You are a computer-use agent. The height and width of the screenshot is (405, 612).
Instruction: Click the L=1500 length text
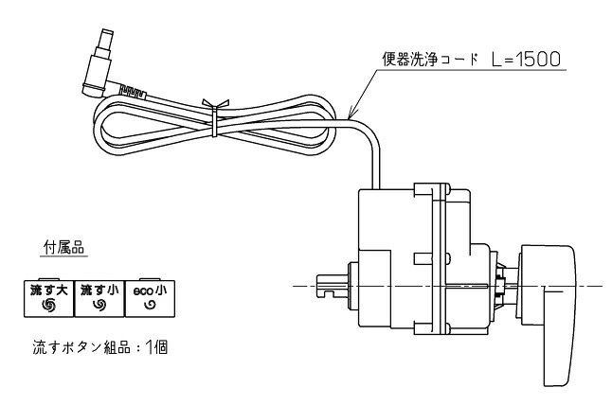click(526, 60)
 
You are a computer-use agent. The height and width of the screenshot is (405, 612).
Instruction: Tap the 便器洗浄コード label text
click(430, 60)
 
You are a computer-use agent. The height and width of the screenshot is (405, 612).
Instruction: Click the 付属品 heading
click(63, 248)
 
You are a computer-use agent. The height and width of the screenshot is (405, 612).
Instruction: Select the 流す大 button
click(49, 298)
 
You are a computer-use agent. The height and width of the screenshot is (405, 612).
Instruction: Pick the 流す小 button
click(99, 298)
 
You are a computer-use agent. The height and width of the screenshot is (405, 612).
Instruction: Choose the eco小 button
click(150, 298)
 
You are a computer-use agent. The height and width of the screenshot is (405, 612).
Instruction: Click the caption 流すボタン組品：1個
click(99, 347)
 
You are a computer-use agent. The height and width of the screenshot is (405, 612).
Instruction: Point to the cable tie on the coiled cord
click(214, 117)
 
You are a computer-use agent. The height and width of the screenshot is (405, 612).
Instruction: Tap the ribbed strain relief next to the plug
click(133, 92)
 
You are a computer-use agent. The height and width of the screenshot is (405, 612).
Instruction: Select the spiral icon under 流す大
click(49, 306)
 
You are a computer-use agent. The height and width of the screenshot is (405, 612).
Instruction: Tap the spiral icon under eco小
click(150, 306)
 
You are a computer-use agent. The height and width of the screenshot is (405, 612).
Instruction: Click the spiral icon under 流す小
click(99, 306)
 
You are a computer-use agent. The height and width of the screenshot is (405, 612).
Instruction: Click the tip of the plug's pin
click(106, 30)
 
